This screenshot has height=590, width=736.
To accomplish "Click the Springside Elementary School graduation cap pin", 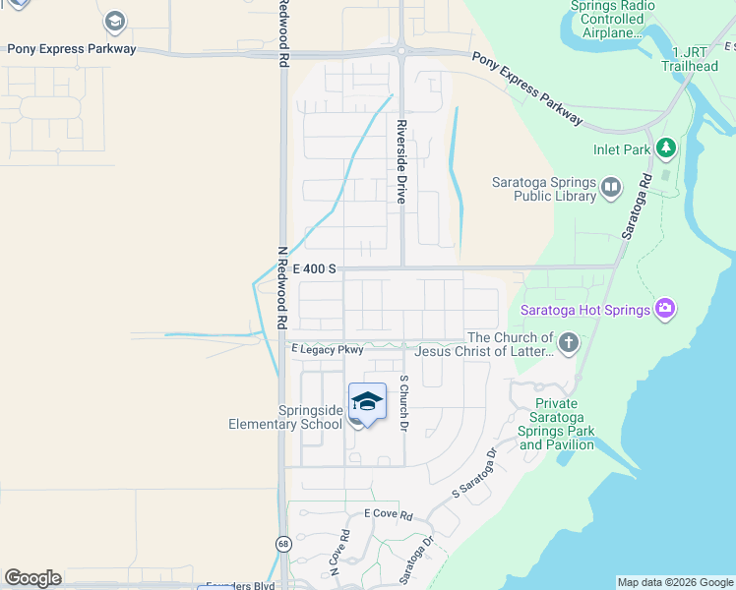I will tap(367, 402).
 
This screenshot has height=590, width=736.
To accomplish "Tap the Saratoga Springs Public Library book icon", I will tap(611, 187).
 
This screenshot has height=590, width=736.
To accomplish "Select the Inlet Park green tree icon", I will tap(666, 147).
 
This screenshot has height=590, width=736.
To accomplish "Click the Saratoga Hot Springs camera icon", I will tap(665, 310).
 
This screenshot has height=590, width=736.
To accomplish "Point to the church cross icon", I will tap(568, 343).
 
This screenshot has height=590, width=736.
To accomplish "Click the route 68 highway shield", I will tap(283, 544).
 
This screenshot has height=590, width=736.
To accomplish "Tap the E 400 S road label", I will tap(314, 268).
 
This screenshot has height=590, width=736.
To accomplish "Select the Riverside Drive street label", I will tap(401, 162).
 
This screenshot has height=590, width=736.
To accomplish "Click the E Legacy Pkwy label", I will tap(328, 349).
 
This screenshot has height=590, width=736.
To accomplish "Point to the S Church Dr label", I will tap(402, 403).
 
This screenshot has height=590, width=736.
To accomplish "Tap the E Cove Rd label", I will tap(388, 513).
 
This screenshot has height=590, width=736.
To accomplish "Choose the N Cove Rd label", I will tap(339, 554).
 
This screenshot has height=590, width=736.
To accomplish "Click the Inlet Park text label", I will tap(622, 149).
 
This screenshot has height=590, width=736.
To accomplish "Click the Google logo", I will tap(32, 578).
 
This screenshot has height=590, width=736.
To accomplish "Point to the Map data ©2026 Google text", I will tap(675, 582).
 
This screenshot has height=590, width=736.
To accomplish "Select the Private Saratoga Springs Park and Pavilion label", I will tap(557, 424).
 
